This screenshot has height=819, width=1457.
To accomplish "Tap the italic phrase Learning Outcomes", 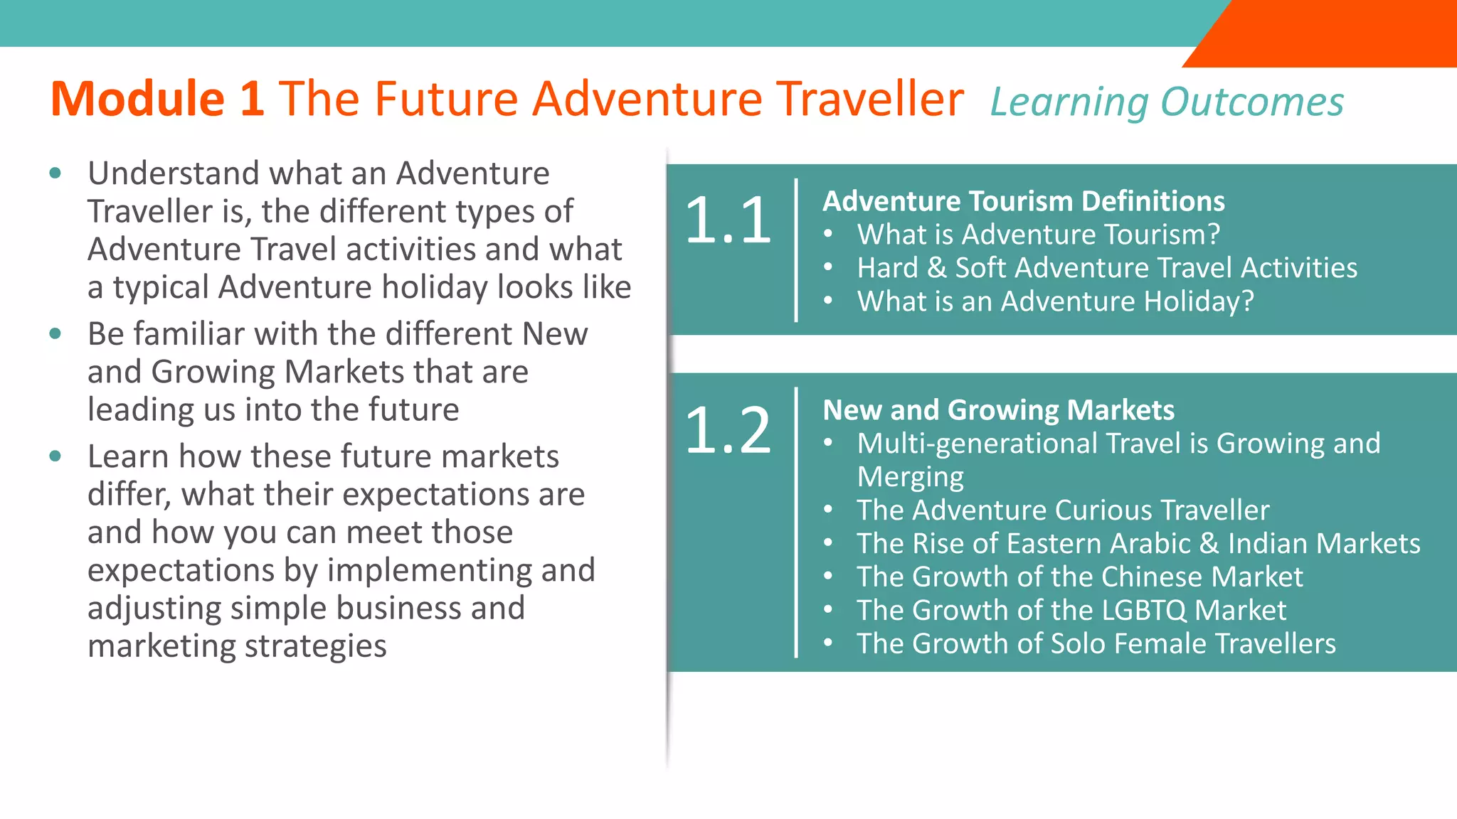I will pos(1167,102).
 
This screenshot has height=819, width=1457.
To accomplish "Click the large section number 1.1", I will pos(728,220).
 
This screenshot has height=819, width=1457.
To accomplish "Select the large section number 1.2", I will pos(728,429).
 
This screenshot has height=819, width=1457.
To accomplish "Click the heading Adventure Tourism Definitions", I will pos(1024,201).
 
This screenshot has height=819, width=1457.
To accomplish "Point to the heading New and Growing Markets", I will pos(998,410).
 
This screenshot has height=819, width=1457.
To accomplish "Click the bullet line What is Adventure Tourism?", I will pos(1038,235).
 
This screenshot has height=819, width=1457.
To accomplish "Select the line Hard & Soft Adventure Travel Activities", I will pos(1106,268).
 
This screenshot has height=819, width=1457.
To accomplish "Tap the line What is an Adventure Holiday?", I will pos(1055,301).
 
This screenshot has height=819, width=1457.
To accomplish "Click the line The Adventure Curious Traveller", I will pos(1063,510).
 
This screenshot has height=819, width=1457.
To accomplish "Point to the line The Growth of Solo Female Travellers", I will pos(1096,644).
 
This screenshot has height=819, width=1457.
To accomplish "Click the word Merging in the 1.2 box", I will pos(910,477).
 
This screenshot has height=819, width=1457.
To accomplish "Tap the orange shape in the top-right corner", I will pos(1337,32).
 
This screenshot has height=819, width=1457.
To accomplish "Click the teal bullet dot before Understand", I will pos(55,173).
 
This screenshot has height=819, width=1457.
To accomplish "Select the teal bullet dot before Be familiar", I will pos(55,333).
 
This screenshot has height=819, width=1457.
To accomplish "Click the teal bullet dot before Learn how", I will pos(55,456).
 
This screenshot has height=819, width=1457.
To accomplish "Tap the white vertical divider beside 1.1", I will pos(796,250).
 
